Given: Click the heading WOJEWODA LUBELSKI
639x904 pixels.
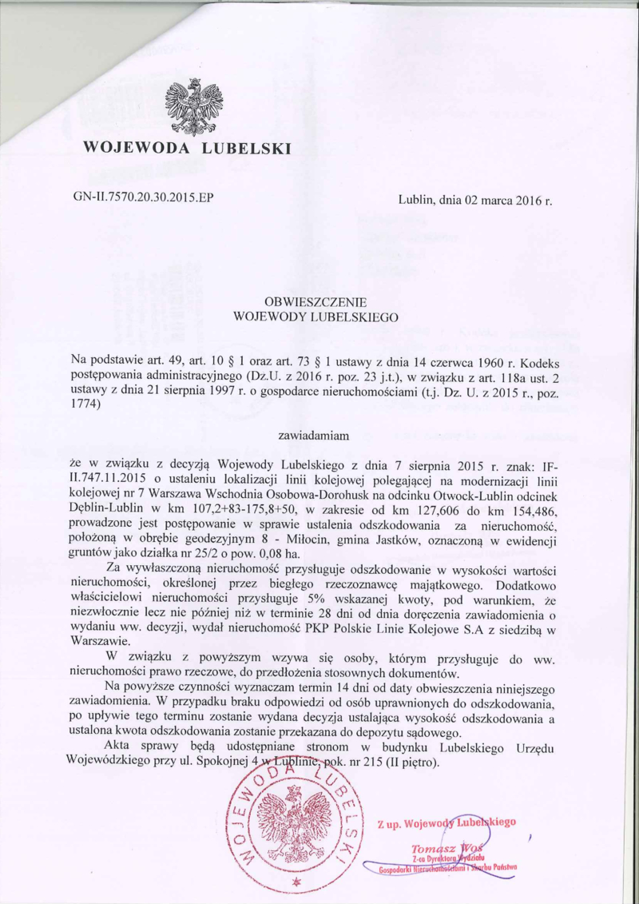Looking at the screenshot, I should tap(188, 148).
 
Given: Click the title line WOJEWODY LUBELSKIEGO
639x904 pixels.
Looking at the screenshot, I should tap(319, 317).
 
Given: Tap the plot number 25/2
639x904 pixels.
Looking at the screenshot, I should tap(203, 554).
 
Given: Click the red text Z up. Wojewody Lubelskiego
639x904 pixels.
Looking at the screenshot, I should tap(450, 821).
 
